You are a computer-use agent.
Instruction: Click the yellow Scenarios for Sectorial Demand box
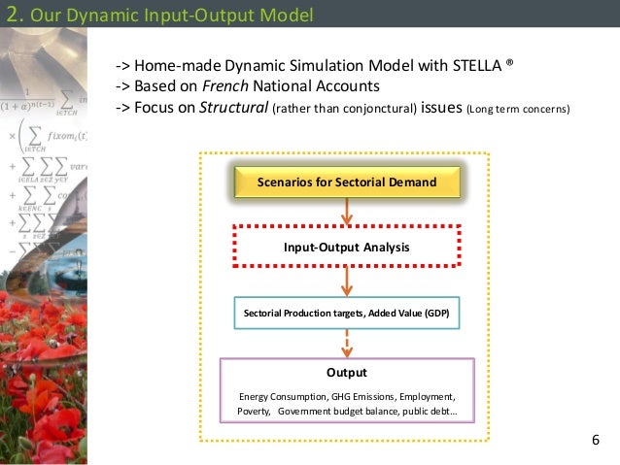(346, 182)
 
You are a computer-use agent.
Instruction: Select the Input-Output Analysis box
(346, 247)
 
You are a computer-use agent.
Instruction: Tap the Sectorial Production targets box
(346, 314)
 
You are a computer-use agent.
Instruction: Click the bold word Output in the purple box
(346, 372)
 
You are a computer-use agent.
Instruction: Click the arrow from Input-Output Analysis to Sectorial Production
(346, 282)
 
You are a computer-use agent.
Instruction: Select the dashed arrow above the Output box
(346, 344)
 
